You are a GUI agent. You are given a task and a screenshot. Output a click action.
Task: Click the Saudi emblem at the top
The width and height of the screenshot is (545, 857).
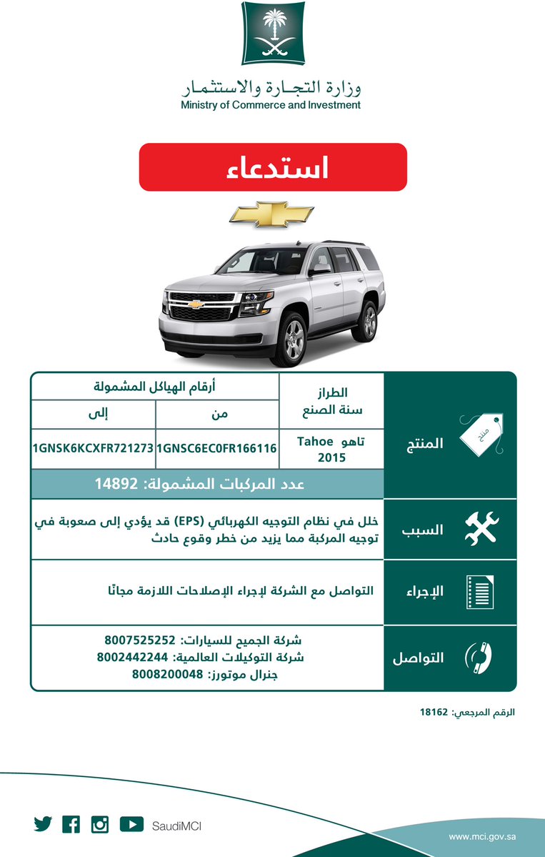272,33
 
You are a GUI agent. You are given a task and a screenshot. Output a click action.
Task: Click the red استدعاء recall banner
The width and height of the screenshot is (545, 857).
272,167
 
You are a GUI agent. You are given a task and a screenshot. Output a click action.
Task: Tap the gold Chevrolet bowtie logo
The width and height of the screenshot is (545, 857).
273,213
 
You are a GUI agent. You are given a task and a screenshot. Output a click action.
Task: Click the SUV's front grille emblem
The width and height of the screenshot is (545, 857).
195,304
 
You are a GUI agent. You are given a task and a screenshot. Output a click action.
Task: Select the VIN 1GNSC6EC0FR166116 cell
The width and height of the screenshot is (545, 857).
216,449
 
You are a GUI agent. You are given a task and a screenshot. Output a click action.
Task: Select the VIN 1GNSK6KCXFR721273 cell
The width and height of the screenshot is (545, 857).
93,449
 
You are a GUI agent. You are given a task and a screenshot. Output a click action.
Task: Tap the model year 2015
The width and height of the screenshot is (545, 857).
331,457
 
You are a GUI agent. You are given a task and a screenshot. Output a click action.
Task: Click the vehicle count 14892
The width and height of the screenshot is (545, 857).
116,484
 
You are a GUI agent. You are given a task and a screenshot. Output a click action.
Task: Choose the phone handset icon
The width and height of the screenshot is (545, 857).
480,657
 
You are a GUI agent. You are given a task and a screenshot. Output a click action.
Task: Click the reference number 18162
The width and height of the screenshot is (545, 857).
433,713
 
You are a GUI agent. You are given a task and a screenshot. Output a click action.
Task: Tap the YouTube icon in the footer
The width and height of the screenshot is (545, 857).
131,825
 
